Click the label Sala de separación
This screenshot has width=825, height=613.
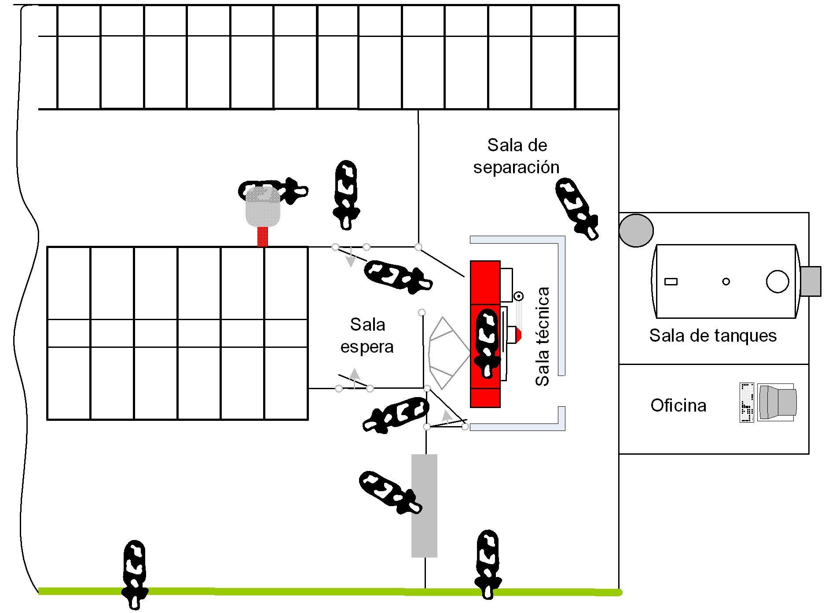[517, 156]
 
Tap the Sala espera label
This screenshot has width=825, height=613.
[367, 336]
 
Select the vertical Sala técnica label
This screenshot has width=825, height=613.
[543, 336]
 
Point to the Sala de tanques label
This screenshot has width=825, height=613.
[713, 336]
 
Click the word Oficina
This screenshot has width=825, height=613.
[678, 405]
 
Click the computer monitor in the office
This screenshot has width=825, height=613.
[778, 402]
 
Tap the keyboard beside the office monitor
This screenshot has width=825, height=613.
[747, 402]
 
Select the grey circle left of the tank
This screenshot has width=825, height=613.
[636, 230]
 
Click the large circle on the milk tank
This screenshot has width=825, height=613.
[777, 281]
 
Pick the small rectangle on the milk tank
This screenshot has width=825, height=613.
[671, 281]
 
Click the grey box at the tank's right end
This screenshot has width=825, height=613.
[810, 281]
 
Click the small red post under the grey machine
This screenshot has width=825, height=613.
[263, 237]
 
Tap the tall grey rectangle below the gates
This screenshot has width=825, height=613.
[424, 506]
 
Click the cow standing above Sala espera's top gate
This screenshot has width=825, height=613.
[345, 193]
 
